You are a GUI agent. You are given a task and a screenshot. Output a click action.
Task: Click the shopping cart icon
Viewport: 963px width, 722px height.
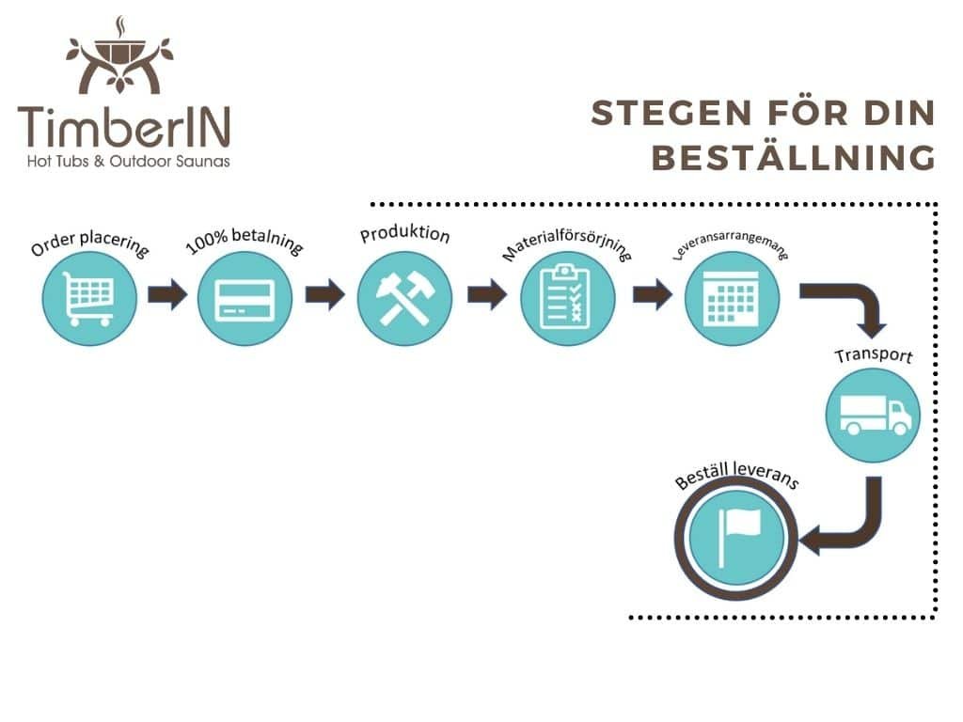(89, 298)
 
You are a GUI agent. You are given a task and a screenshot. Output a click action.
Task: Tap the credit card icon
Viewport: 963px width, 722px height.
(245, 298)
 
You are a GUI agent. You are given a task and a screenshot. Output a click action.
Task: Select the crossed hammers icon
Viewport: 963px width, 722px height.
(404, 298)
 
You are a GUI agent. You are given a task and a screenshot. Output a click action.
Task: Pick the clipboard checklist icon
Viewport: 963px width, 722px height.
(568, 298)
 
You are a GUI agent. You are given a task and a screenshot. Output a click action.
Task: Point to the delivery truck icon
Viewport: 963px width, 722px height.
(873, 415)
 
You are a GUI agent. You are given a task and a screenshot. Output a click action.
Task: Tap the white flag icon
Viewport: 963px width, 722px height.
(736, 538)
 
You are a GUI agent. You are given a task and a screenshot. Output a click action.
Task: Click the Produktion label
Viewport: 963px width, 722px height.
(404, 234)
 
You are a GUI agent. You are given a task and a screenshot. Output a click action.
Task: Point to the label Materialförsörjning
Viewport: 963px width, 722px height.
(568, 242)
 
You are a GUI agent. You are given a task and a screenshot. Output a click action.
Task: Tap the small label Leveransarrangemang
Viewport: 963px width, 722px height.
(731, 243)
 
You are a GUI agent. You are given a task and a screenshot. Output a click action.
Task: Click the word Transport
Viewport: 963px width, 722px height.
(873, 357)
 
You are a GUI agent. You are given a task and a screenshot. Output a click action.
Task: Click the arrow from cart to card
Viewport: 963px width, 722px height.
(167, 295)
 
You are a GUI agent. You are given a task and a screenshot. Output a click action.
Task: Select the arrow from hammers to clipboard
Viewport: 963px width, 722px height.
(487, 295)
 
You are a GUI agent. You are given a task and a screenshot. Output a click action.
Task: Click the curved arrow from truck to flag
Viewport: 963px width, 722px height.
(851, 526)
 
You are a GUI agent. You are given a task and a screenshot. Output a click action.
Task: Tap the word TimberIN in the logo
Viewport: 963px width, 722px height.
(122, 127)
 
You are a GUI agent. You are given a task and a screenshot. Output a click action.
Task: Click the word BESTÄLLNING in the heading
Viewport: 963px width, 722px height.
(794, 158)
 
